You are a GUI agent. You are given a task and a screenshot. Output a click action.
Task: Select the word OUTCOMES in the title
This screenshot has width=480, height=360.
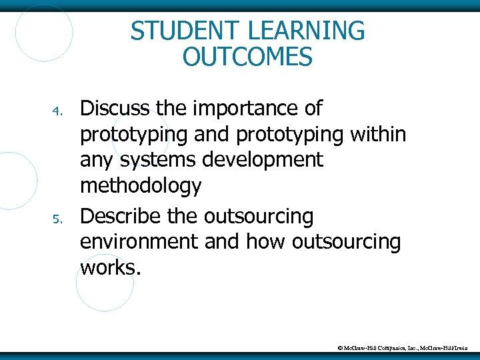point(247,57)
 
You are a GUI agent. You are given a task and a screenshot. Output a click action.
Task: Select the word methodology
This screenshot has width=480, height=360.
point(140,187)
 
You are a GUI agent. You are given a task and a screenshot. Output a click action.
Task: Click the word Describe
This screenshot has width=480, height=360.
point(123,216)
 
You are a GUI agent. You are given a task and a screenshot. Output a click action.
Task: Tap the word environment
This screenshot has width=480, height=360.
point(139,242)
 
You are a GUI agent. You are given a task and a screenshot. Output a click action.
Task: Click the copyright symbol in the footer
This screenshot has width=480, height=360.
point(341,348)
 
